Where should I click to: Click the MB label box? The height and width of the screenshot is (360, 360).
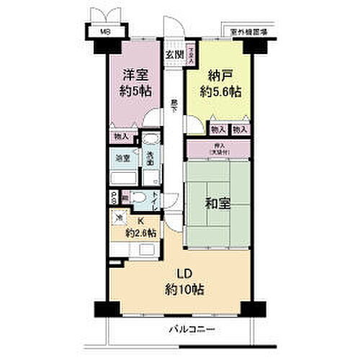tap(105, 32)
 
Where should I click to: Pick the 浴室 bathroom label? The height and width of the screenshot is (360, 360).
tap(123, 158)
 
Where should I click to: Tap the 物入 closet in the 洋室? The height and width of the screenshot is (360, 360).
tap(122, 136)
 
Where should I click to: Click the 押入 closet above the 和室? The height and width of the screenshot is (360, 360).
tap(219, 149)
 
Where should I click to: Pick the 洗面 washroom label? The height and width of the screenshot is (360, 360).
tap(150, 160)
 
